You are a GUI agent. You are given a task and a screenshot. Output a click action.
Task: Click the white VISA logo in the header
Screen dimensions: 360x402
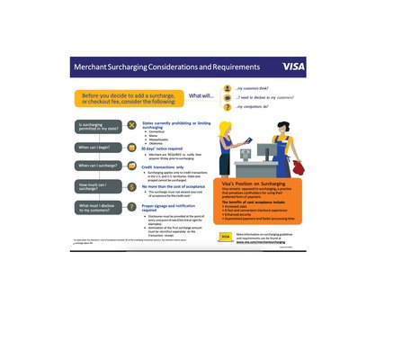tap(293, 67)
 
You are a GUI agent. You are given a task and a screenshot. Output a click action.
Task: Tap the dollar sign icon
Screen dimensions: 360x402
tap(132, 186)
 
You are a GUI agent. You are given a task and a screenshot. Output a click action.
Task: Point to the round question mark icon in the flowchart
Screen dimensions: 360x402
tap(132, 207)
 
